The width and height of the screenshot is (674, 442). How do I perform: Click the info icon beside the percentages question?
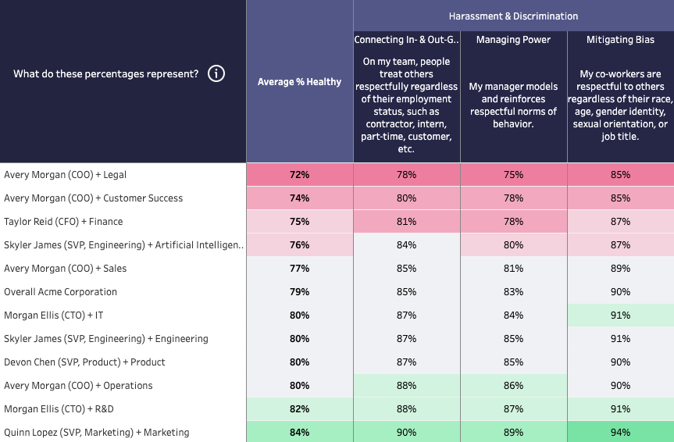point(217,74)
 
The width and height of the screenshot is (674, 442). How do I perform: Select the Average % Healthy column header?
point(299,82)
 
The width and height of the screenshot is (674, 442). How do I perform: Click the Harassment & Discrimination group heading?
point(513,16)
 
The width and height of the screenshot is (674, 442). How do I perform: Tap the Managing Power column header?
point(513,40)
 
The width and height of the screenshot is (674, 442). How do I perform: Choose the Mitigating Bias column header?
point(620,40)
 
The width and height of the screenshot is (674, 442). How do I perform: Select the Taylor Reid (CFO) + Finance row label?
point(63,222)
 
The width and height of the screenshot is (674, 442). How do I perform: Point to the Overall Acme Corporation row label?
point(60,292)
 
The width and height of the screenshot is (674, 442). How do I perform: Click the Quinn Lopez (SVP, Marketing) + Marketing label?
point(96,433)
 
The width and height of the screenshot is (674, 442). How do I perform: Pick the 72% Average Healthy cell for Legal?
point(299,175)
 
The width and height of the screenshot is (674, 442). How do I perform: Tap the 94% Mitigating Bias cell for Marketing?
point(620,433)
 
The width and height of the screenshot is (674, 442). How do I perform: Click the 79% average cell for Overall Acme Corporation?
point(299,292)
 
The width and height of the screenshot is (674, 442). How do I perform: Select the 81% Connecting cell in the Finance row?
point(406,222)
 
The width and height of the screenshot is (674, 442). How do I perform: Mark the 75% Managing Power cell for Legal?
point(513,175)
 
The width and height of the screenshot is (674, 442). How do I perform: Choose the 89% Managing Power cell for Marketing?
point(513,433)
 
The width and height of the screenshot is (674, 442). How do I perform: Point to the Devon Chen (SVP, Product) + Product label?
point(84,362)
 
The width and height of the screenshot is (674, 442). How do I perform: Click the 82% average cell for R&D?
point(299,409)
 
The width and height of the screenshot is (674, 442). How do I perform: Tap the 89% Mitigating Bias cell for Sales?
point(620,269)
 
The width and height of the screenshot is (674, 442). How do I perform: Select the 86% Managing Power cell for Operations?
point(513,386)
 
